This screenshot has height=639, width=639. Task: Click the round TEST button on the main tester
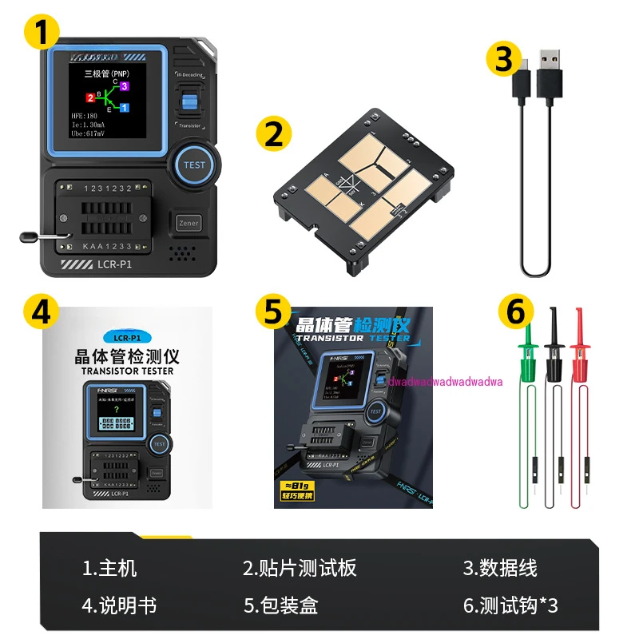(194, 165)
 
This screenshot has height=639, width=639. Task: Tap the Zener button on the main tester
(189, 224)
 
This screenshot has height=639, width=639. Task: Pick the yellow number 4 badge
(42, 312)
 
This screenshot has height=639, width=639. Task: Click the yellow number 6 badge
(516, 312)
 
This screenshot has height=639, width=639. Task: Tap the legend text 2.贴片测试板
(300, 568)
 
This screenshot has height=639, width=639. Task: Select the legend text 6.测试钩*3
(510, 605)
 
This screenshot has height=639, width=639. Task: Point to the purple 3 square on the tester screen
(125, 85)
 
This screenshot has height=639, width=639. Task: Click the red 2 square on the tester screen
(90, 97)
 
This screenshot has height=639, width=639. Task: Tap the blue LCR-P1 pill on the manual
(127, 338)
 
